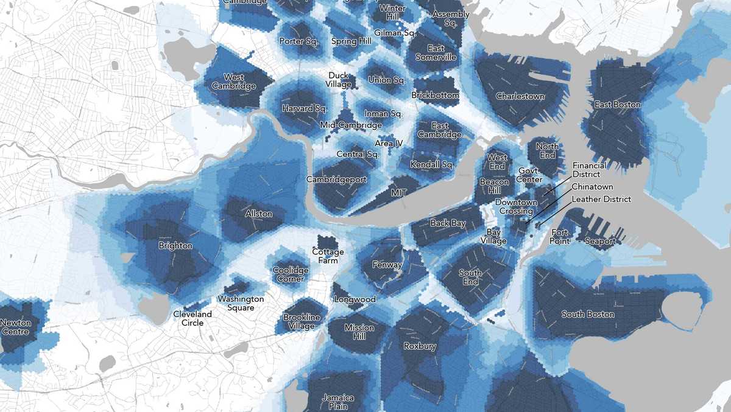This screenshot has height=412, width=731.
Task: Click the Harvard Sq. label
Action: pyautogui.click(x=305, y=108)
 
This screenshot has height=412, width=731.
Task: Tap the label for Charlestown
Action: pyautogui.click(x=520, y=96)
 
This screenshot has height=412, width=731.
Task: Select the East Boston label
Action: pyautogui.click(x=618, y=105)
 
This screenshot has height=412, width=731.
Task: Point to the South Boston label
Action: pyautogui.click(x=587, y=314)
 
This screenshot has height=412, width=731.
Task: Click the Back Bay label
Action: pyautogui.click(x=448, y=223)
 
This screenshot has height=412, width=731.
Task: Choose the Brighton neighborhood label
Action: pyautogui.click(x=175, y=246)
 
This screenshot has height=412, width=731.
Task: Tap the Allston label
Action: pyautogui.click(x=258, y=214)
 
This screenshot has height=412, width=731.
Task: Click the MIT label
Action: pyautogui.click(x=398, y=192)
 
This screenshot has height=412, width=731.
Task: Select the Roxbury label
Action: pyautogui.click(x=420, y=346)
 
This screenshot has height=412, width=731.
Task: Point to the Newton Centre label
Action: pyautogui.click(x=15, y=327)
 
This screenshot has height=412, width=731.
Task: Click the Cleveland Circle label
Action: pyautogui.click(x=192, y=318)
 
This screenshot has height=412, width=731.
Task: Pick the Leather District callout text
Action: pyautogui.click(x=601, y=199)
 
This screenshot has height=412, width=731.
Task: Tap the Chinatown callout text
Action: pyautogui.click(x=592, y=187)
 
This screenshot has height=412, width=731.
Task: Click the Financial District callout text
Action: pyautogui.click(x=589, y=170)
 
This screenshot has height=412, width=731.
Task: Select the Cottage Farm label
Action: pyautogui.click(x=328, y=256)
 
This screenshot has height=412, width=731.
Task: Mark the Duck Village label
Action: pyautogui.click(x=339, y=80)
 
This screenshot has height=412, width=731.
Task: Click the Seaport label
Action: pyautogui.click(x=599, y=241)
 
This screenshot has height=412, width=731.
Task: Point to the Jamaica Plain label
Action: pyautogui.click(x=337, y=402)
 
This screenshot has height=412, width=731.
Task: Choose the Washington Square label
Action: pyautogui.click(x=241, y=303)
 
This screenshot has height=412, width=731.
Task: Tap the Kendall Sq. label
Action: pyautogui.click(x=432, y=164)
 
